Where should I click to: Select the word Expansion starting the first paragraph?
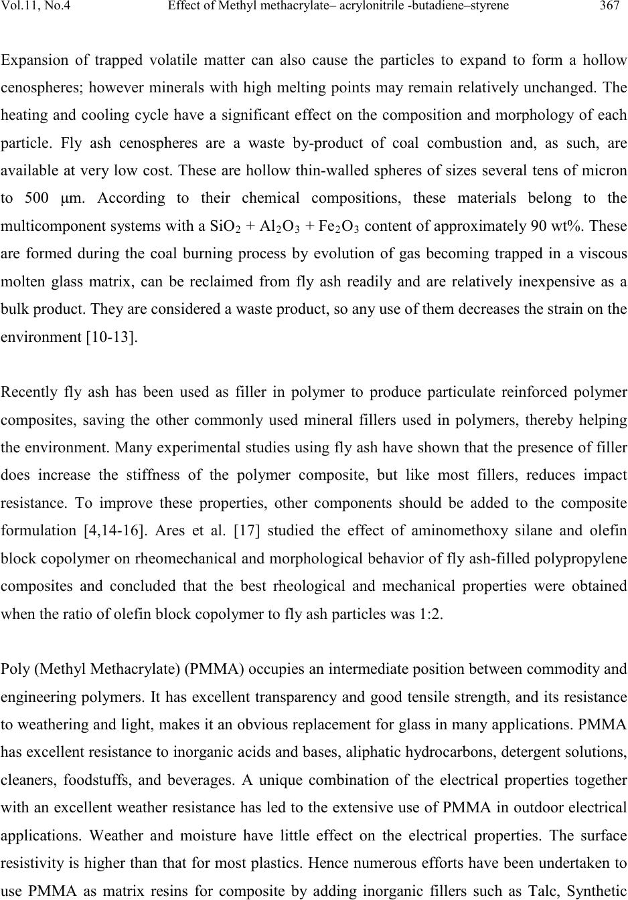(33, 60)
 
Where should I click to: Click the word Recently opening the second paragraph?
(28, 392)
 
